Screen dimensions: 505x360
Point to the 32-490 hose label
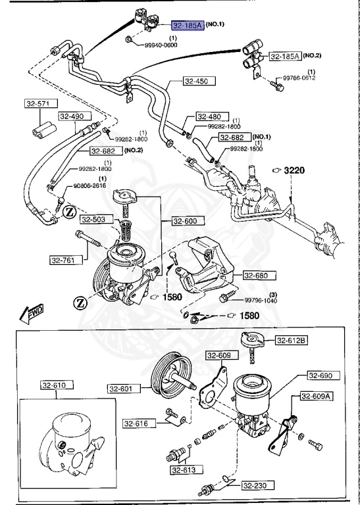(72, 116)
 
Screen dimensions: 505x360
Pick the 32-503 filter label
(95, 219)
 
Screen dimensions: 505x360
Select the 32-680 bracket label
(257, 276)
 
